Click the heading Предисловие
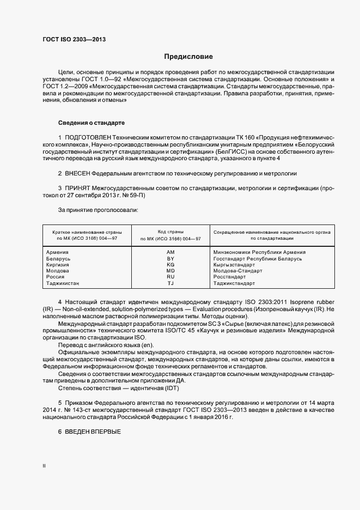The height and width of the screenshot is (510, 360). click(x=188, y=57)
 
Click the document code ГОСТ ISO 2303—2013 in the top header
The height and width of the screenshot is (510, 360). click(x=74, y=39)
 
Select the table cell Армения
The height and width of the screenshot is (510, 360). click(x=57, y=252)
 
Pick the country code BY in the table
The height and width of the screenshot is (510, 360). click(x=170, y=259)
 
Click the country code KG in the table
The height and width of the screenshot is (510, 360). click(x=170, y=265)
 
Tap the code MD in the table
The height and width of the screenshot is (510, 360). click(x=170, y=271)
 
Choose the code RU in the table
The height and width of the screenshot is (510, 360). click(x=170, y=277)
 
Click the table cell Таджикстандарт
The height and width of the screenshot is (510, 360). click(x=234, y=283)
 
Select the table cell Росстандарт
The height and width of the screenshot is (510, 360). click(x=229, y=277)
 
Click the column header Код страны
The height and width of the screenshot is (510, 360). click(x=170, y=232)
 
